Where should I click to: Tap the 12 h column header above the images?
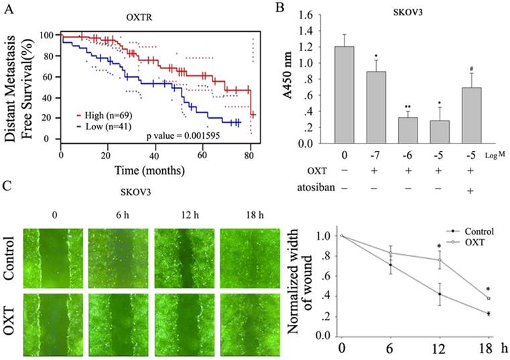(184, 215)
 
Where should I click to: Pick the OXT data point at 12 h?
(439, 260)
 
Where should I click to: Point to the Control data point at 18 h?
(489, 313)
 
